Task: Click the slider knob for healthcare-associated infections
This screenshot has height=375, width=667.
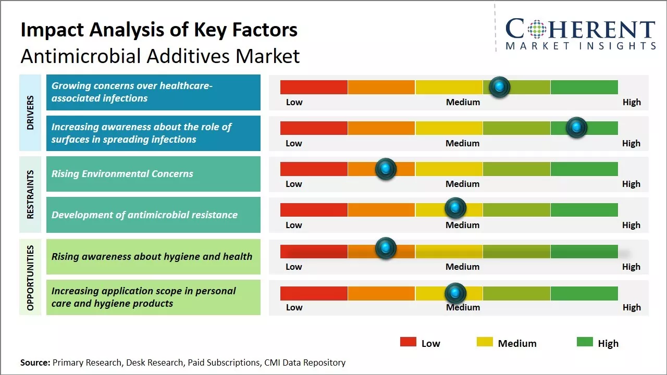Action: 500,87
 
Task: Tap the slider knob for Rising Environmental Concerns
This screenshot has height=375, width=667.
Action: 386,169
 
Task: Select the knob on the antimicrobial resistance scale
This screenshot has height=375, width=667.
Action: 455,208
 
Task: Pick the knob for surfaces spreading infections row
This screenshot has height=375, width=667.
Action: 576,128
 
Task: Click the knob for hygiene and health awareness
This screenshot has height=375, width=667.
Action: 386,248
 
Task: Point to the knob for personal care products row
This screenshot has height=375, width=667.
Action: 455,293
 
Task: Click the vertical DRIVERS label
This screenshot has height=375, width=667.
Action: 30,113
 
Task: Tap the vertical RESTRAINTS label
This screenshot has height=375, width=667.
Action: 30,194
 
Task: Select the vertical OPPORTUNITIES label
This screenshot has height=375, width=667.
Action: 30,278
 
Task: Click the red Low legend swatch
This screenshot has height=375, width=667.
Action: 408,342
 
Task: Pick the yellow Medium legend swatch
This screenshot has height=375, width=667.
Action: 485,342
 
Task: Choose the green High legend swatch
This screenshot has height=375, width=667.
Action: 585,342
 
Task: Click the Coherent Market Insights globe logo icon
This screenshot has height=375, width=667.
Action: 537,29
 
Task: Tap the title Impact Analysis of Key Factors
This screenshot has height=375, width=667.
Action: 159,30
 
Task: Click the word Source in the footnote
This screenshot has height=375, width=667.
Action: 35,362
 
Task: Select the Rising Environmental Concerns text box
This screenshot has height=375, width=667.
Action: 153,174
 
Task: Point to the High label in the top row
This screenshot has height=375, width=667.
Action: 632,102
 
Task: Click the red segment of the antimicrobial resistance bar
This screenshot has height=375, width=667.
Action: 314,210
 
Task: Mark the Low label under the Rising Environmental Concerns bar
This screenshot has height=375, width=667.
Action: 294,184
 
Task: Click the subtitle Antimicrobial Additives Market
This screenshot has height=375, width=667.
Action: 160,56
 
